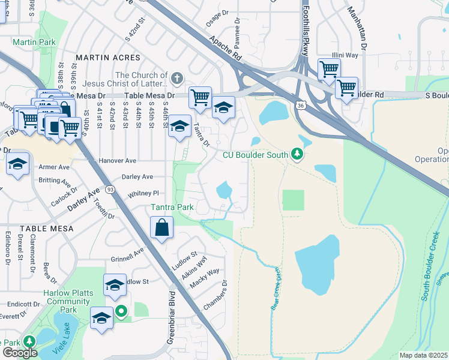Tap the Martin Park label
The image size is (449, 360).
click(x=34, y=42)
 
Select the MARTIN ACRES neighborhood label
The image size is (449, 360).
click(x=108, y=58)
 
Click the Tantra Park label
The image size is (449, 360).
click(x=172, y=208)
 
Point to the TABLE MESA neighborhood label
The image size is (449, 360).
click(x=47, y=229)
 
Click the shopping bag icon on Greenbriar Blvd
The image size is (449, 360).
click(x=161, y=228)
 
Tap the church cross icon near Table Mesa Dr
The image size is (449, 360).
click(x=176, y=77)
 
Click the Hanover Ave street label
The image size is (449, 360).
click(x=118, y=161)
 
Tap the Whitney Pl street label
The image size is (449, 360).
click(x=143, y=194)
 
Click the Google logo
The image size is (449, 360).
click(x=19, y=353)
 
